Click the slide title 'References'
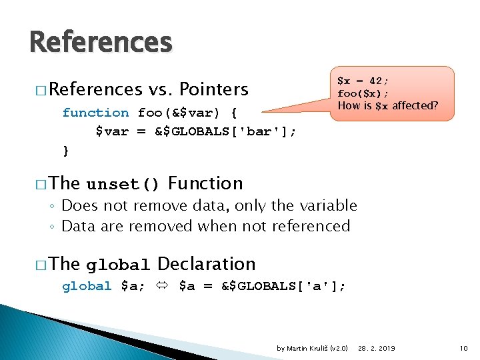[101, 43]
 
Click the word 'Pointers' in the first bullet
[214, 89]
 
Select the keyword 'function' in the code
[95, 113]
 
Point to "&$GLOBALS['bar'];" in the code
[226, 131]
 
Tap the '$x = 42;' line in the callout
[364, 81]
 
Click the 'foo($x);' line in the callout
[364, 93]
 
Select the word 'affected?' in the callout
[415, 105]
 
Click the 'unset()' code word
[123, 184]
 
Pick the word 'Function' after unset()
[205, 183]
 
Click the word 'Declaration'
[207, 264]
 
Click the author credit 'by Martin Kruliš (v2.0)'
[312, 348]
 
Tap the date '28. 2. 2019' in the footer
[377, 348]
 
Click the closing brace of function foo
[65, 151]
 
